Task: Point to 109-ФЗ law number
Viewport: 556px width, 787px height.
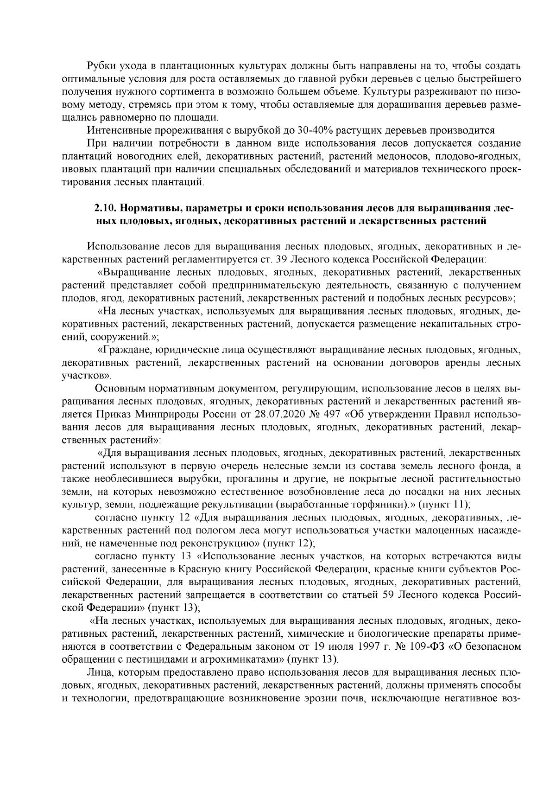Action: (x=428, y=646)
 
